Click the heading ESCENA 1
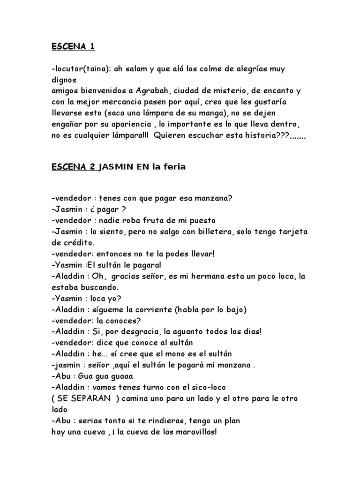point(73,47)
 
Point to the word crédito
point(77,243)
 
